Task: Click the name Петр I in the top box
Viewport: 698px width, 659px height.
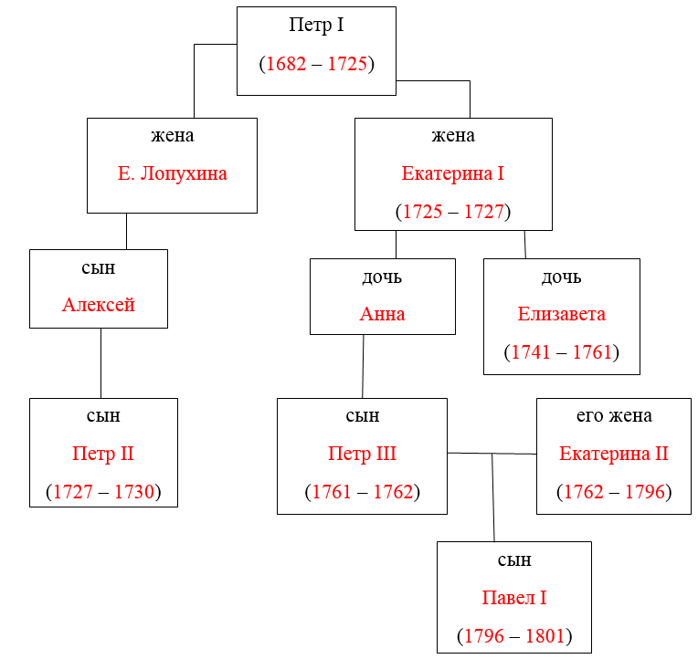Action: (x=316, y=26)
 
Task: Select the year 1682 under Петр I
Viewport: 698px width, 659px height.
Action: (x=286, y=64)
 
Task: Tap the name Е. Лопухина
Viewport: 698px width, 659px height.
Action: (x=173, y=173)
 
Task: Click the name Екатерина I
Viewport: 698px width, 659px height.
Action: (x=453, y=173)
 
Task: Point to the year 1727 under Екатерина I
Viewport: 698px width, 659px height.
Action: (x=484, y=211)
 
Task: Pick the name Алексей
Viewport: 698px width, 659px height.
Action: (x=99, y=305)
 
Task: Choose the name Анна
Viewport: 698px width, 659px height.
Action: (x=383, y=314)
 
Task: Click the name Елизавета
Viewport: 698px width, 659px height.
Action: (x=561, y=314)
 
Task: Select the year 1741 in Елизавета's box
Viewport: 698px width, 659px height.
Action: (x=531, y=352)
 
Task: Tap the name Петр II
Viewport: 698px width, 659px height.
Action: (x=103, y=454)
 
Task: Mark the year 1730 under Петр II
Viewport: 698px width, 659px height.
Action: (x=134, y=492)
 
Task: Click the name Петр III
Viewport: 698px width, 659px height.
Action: (x=362, y=454)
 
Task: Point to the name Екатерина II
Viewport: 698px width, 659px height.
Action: (x=614, y=454)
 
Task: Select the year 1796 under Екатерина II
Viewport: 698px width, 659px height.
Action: (x=645, y=492)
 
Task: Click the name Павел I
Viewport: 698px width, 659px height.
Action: (x=514, y=598)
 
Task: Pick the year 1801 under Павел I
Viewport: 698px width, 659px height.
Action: (x=545, y=636)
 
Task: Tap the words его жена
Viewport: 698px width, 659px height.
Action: (x=614, y=416)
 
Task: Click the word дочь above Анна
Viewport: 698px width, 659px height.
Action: (x=382, y=277)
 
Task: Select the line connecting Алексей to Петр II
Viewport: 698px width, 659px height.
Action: (x=100, y=363)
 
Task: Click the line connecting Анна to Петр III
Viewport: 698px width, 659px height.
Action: (x=363, y=366)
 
